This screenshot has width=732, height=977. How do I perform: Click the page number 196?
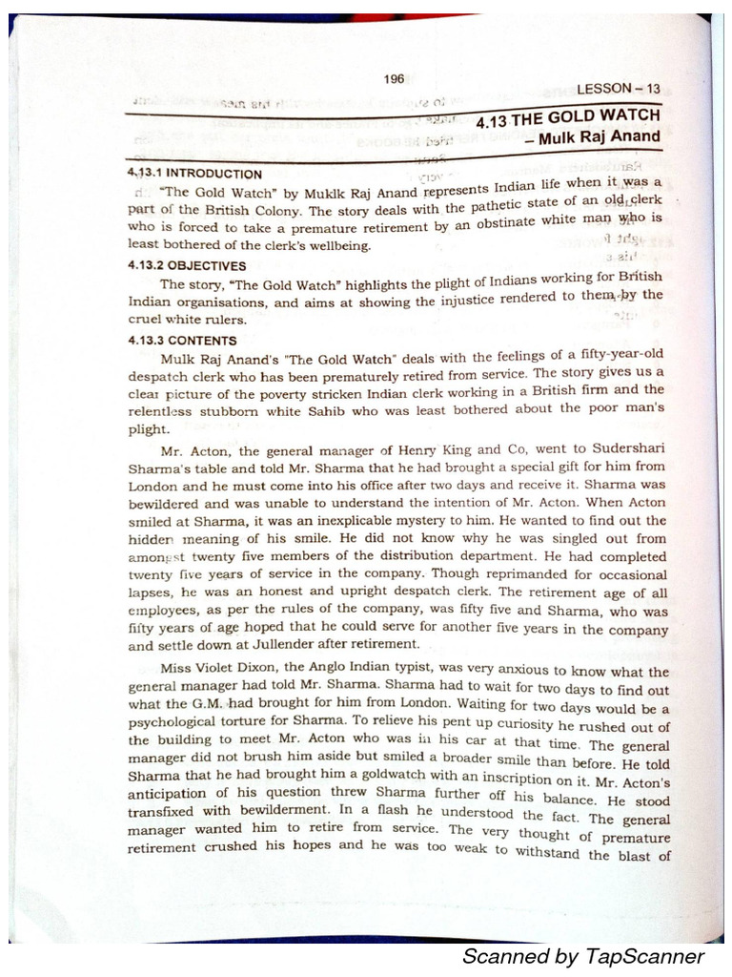coord(394,79)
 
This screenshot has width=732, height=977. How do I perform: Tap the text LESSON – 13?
coord(619,89)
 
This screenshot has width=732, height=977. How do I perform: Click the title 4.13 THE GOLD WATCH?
coord(568,118)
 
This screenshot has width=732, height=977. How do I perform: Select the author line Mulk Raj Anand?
coord(599,136)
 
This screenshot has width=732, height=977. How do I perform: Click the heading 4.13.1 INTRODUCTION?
coord(194,174)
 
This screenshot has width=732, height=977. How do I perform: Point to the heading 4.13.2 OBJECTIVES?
coord(188,266)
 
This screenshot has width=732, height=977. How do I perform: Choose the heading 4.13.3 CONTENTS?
coord(181,340)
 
